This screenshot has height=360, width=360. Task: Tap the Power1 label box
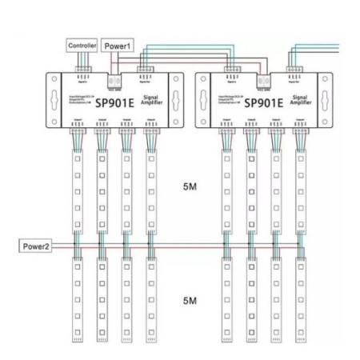coord(117,46)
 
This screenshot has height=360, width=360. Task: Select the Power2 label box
coord(37,246)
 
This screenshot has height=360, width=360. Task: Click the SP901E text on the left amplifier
coord(113,103)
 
